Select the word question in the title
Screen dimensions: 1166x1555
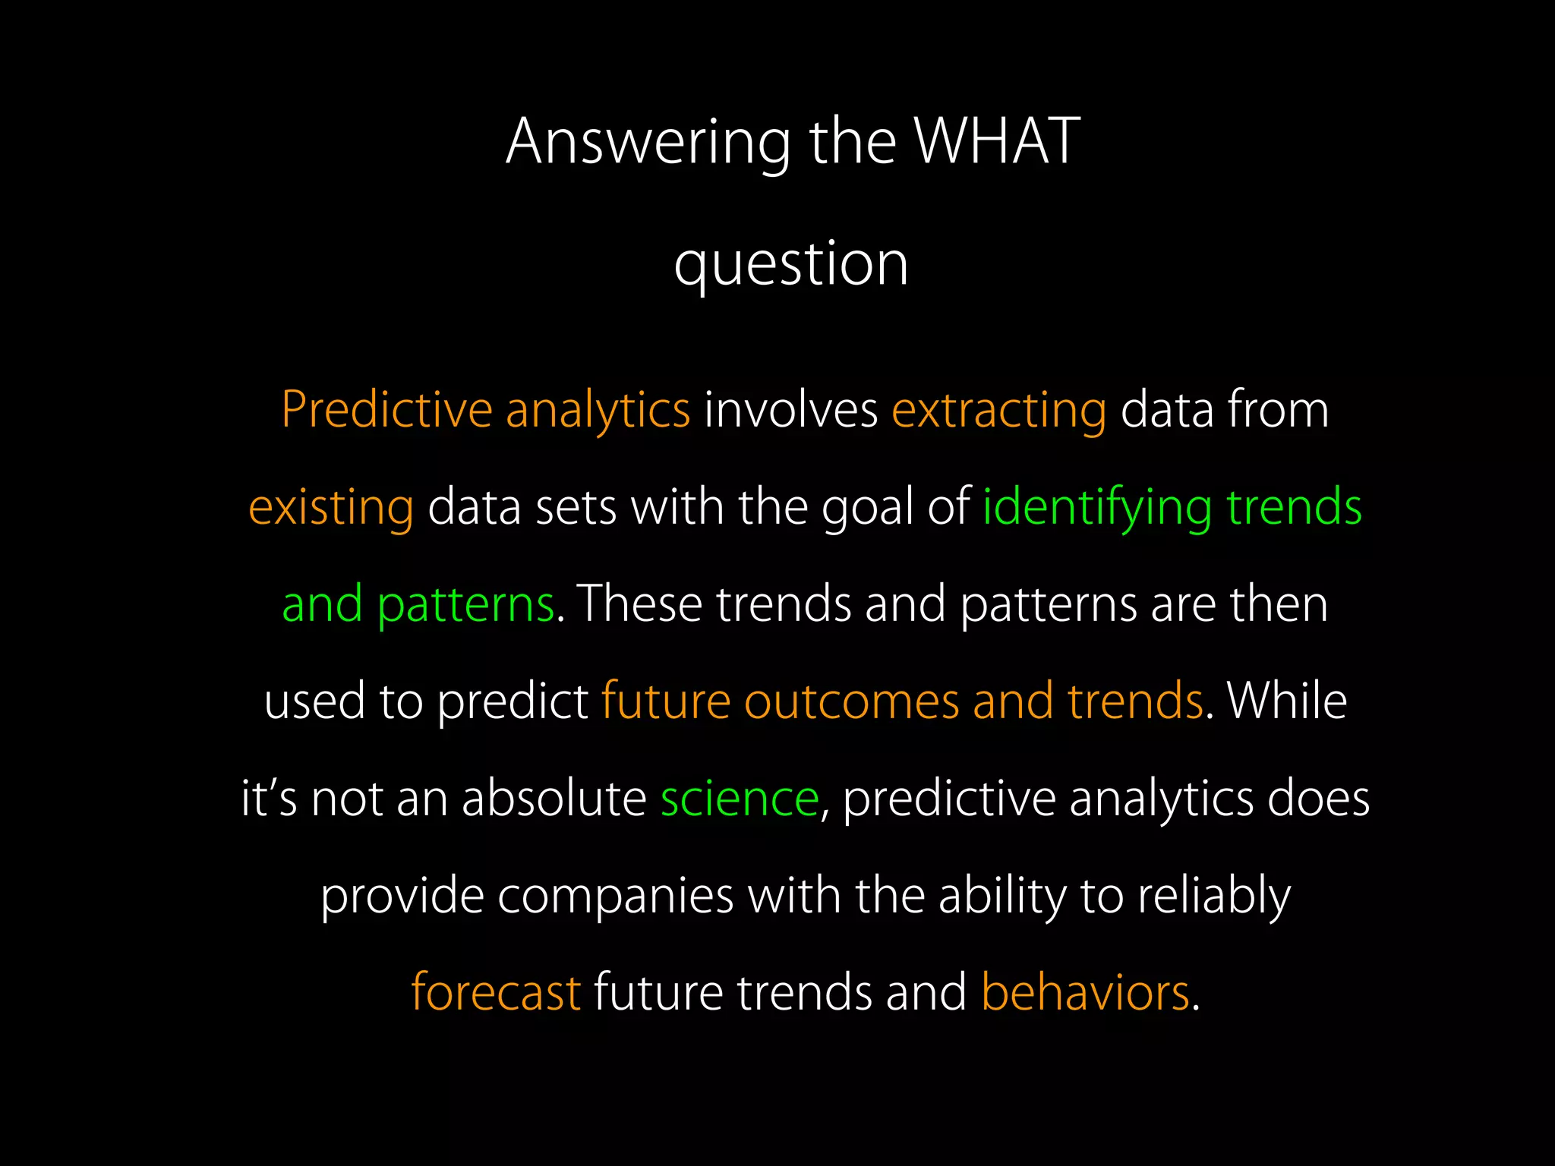[791, 263]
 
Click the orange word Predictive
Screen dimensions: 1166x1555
[386, 410]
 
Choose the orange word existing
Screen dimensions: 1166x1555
[331, 507]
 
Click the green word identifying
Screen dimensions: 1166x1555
[1097, 507]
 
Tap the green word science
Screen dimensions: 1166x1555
[740, 799]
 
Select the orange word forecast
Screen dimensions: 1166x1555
[496, 992]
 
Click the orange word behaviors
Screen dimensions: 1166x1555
[1085, 992]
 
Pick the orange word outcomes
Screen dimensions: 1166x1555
[851, 701]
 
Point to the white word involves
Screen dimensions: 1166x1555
[790, 410]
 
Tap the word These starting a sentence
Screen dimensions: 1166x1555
[639, 604]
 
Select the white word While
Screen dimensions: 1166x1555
[1287, 701]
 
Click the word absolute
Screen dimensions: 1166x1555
[554, 799]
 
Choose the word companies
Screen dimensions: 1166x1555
[615, 896]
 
